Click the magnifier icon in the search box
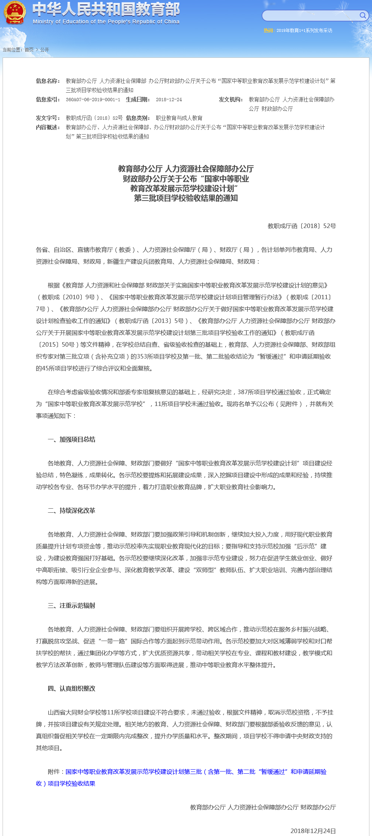coord(362,15)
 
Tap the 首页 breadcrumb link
coord(29,50)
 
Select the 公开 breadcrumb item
coord(44,50)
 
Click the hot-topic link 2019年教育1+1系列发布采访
coord(304,30)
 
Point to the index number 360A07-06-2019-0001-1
coord(93,100)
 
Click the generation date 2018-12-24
coord(169,100)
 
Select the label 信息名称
coord(48,81)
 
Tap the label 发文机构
coord(230,99)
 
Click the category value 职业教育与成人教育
coord(179,118)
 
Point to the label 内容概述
coord(48,127)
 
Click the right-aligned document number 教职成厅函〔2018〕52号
coord(302,226)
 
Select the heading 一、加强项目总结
coord(72,439)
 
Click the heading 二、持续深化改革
coord(72,510)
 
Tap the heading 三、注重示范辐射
coord(72,605)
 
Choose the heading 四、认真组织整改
coord(72,688)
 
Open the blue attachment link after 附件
coord(196,771)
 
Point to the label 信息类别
coord(138,118)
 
